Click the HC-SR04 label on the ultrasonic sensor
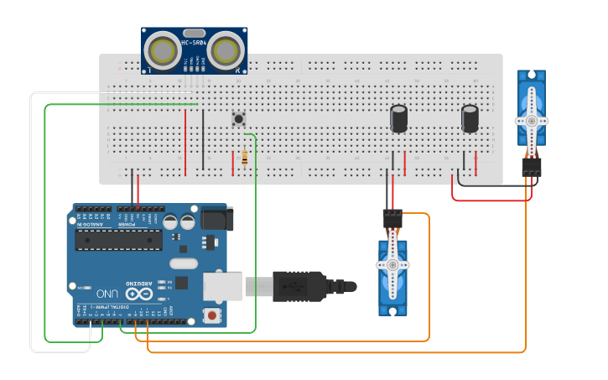click(194, 42)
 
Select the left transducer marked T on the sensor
click(162, 51)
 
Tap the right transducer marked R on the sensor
click(226, 51)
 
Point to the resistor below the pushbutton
click(244, 157)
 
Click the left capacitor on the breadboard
click(399, 118)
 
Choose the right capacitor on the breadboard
click(470, 118)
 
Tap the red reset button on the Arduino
click(212, 315)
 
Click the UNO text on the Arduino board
click(107, 294)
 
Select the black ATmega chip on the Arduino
click(118, 240)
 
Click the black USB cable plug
click(298, 286)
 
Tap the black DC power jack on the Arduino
click(216, 218)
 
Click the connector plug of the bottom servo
click(392, 220)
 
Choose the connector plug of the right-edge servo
click(531, 167)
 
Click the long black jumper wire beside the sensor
click(202, 138)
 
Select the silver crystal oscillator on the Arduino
click(185, 263)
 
